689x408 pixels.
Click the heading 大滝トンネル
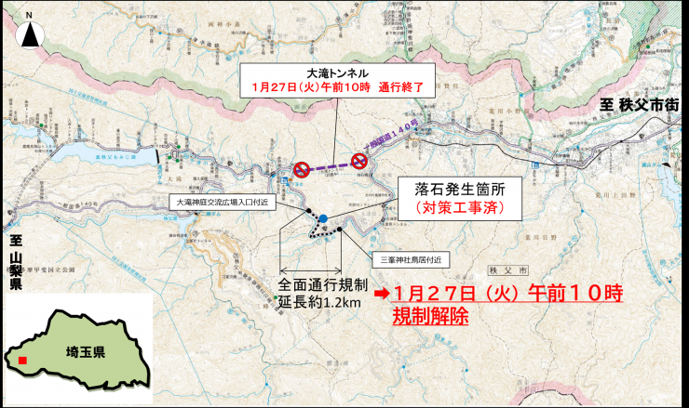pyautogui.click(x=336, y=72)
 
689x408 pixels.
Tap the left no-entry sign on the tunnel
pyautogui.click(x=302, y=169)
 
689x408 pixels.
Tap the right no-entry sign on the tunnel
pyautogui.click(x=358, y=162)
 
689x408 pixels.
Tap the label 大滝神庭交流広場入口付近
pyautogui.click(x=223, y=201)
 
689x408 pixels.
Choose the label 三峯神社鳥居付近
pyautogui.click(x=410, y=258)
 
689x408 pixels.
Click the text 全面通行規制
pyautogui.click(x=324, y=283)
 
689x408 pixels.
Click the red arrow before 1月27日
pyautogui.click(x=382, y=294)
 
